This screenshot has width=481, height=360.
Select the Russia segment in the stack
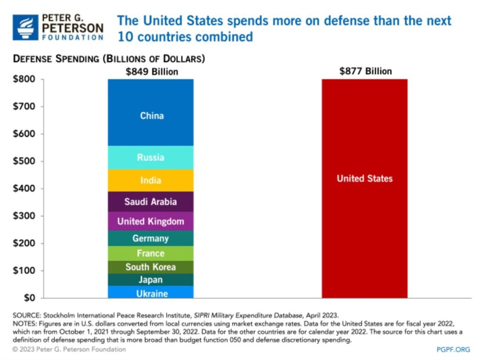point(151,157)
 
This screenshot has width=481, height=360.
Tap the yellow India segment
point(151,180)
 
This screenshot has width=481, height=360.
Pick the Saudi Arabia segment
point(151,202)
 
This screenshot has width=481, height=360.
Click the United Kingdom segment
point(151,221)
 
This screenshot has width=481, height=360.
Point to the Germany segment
point(151,238)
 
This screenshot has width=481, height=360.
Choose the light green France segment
point(151,253)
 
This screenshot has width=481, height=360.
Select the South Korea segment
point(151,267)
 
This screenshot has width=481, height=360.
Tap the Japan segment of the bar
point(151,280)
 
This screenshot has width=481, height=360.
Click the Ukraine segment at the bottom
point(151,293)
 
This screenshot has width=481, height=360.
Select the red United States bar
point(365,188)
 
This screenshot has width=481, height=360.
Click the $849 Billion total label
point(152,72)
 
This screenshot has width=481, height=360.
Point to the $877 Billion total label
point(365,71)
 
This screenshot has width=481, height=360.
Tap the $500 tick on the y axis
point(24,161)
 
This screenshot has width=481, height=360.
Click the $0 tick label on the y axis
point(29,298)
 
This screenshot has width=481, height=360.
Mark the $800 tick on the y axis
point(24,79)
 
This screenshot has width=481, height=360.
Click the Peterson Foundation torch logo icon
point(25,27)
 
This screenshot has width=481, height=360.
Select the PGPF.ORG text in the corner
point(453,350)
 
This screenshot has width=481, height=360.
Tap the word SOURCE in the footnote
point(26,315)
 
